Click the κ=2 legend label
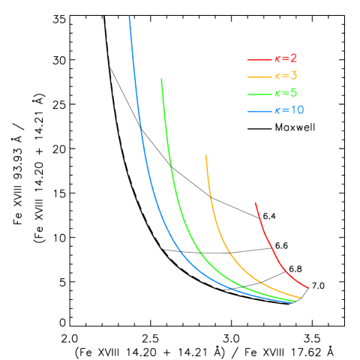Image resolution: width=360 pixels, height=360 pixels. (286, 58)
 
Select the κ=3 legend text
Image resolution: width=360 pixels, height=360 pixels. (286, 76)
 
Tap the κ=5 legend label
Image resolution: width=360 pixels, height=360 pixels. (286, 93)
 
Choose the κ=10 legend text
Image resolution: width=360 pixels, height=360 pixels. (289, 110)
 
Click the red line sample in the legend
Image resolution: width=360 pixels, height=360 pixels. (258, 59)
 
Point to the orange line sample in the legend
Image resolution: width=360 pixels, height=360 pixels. (258, 76)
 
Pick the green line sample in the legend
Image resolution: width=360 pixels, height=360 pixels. (258, 94)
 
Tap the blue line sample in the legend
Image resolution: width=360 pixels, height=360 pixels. (258, 112)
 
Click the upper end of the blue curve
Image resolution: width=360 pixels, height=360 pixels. (129, 16)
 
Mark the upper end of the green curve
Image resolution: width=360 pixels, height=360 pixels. (161, 79)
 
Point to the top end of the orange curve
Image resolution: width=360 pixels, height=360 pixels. (205, 155)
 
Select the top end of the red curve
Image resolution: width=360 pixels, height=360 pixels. (255, 202)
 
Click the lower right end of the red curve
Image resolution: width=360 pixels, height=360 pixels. (307, 287)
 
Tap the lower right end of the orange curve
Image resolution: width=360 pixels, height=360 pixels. (301, 298)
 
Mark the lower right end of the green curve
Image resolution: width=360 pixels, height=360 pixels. (295, 301)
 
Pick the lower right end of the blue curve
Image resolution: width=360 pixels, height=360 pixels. (293, 302)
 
